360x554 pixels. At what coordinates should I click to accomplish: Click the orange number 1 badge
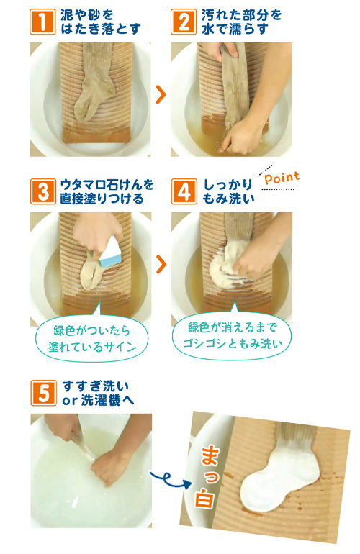(42, 22)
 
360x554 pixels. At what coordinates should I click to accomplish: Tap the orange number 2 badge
(184, 22)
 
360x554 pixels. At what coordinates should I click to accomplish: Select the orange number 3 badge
(42, 191)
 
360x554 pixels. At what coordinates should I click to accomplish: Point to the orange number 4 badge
(184, 191)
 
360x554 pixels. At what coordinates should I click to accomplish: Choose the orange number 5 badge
(43, 393)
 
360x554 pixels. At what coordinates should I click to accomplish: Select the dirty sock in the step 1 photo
(94, 81)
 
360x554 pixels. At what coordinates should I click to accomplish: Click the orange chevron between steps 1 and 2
(161, 95)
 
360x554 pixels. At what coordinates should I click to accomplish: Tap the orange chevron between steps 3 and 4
(161, 264)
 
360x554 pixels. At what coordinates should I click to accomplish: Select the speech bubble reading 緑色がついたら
(91, 337)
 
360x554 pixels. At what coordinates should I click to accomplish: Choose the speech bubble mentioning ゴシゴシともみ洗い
(232, 335)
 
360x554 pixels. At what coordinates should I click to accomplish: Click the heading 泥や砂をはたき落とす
(100, 22)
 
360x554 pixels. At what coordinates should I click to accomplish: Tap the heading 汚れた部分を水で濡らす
(241, 22)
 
